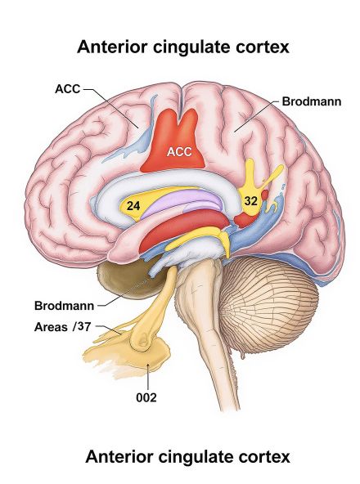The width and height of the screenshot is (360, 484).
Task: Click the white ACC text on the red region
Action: [x=178, y=151]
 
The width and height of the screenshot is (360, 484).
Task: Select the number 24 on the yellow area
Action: [x=133, y=207]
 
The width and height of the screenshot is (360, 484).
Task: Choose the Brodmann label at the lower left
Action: [x=64, y=306]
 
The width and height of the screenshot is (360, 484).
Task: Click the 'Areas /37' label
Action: [x=63, y=327]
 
